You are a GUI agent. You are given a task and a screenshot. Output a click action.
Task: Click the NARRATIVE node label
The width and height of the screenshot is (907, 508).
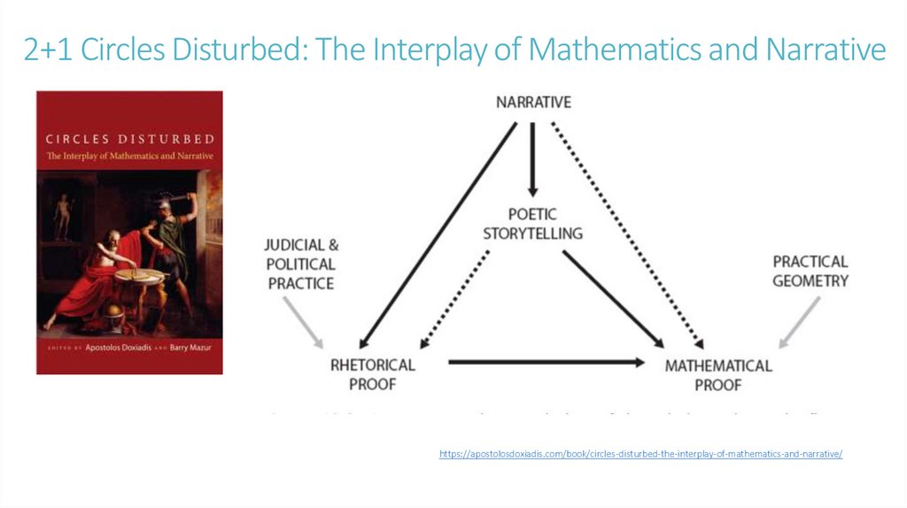tap(533, 102)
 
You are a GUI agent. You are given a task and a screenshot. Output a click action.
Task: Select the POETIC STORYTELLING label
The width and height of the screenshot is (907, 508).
tap(533, 224)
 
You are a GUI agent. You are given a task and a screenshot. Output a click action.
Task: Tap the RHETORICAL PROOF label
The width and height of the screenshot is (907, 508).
tap(372, 374)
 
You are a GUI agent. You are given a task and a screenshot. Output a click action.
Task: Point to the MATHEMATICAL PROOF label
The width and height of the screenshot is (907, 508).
tap(718, 374)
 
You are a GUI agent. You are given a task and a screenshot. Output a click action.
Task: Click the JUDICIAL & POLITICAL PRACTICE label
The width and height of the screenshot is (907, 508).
tap(301, 264)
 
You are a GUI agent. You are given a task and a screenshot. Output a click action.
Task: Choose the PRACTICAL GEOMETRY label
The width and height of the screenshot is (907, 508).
tap(810, 271)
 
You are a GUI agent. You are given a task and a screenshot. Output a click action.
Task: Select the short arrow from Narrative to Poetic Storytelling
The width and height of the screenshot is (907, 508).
tap(532, 159)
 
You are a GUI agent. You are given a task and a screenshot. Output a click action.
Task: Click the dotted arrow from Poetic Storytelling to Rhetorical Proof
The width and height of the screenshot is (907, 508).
tap(454, 297)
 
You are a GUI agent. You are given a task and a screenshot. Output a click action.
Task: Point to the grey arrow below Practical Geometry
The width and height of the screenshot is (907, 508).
tap(800, 320)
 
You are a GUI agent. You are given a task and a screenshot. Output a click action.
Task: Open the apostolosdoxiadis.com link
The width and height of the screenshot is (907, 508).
tap(640, 453)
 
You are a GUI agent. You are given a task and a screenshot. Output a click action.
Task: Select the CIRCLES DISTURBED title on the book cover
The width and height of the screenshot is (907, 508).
tap(129, 138)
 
